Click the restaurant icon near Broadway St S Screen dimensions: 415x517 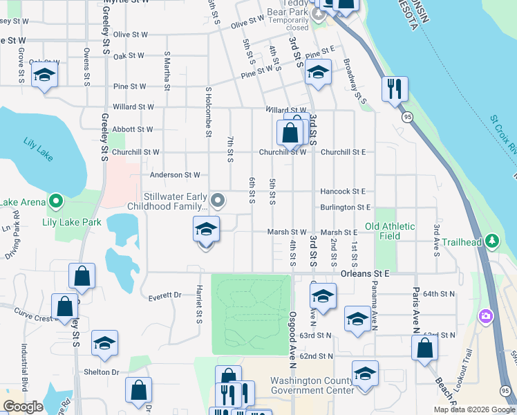coord(395,89)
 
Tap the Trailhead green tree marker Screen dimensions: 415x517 coord(491,241)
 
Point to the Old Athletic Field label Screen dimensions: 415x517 coord(390,231)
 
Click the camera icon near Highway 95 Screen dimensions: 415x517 coord(486,316)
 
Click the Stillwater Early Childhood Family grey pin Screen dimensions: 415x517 coord(218,201)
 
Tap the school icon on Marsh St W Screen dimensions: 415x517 coord(206,230)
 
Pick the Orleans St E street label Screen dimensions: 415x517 coord(365,274)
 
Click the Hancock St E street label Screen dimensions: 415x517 coord(342,191)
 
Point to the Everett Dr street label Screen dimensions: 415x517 coord(164,295)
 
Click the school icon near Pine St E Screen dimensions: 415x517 coord(317,73)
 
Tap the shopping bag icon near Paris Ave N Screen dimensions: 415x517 coord(424,347)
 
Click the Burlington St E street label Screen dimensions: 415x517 coord(345,207)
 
